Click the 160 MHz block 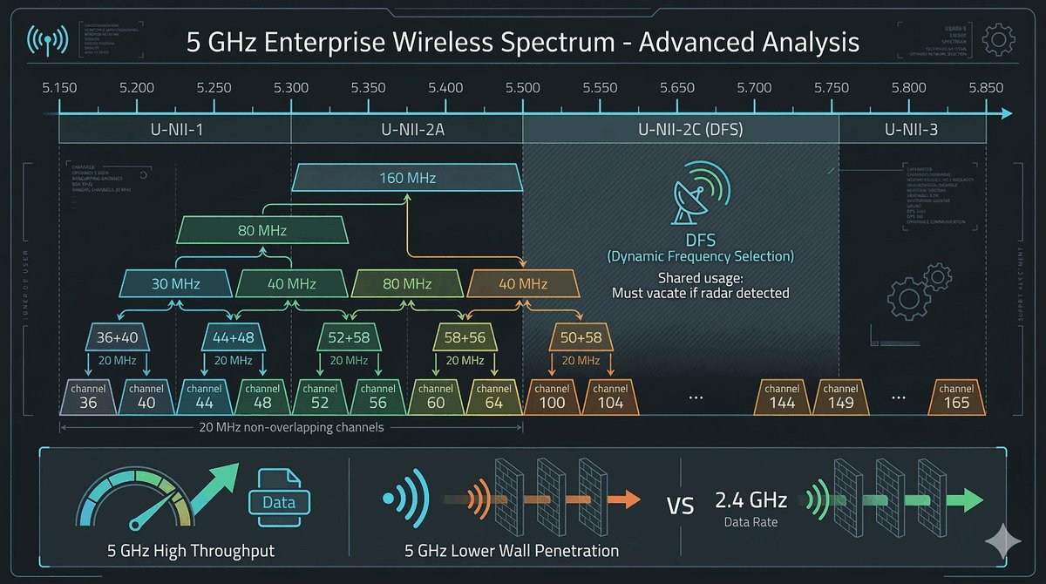point(407,178)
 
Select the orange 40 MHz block point(522,283)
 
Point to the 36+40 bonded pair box point(118,336)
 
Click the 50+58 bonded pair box point(581,336)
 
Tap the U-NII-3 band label point(912,131)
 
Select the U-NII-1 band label point(174,131)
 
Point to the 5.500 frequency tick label point(522,88)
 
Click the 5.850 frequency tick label point(986,88)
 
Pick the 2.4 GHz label point(751,500)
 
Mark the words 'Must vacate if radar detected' point(700,293)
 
